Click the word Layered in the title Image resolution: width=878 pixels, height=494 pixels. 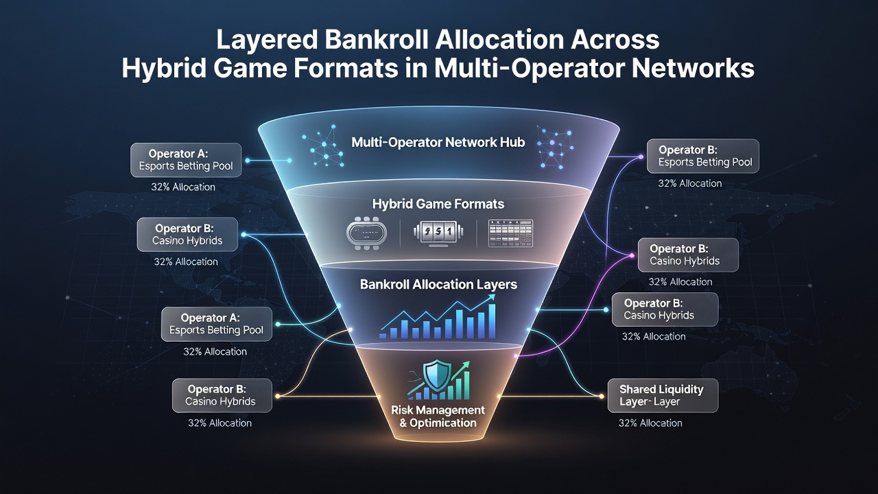[266, 40]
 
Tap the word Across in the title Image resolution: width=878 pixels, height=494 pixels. [615, 40]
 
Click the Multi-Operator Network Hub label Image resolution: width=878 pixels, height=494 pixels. [438, 142]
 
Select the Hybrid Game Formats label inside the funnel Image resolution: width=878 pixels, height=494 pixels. [438, 204]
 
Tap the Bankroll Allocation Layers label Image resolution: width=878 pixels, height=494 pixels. [438, 284]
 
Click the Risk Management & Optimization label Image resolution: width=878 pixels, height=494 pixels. [438, 416]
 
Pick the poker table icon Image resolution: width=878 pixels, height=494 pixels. [367, 233]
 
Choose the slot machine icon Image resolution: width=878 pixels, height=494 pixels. [438, 234]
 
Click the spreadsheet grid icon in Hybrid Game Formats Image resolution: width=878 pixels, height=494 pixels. [510, 233]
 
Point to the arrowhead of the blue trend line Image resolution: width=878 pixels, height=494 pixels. [490, 298]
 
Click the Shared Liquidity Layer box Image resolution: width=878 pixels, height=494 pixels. [663, 395]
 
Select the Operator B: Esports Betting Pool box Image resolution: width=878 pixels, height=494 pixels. [703, 156]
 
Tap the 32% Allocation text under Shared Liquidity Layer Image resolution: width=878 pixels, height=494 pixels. [650, 423]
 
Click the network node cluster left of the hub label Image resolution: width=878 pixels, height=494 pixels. [323, 146]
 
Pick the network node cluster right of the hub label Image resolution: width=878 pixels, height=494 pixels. [555, 147]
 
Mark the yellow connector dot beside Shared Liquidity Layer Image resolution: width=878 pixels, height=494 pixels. [602, 397]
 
